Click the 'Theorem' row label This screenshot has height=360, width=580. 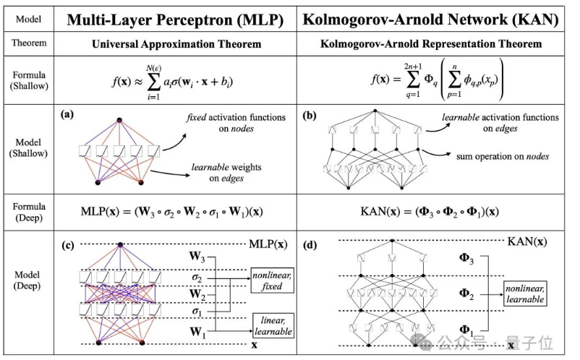(x=29, y=43)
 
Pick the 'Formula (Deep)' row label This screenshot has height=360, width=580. (x=29, y=212)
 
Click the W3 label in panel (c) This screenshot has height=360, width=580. (x=197, y=255)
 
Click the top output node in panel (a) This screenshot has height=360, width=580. (x=119, y=119)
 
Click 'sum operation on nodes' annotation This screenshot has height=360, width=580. (x=499, y=155)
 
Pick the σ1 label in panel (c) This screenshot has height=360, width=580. (x=197, y=312)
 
